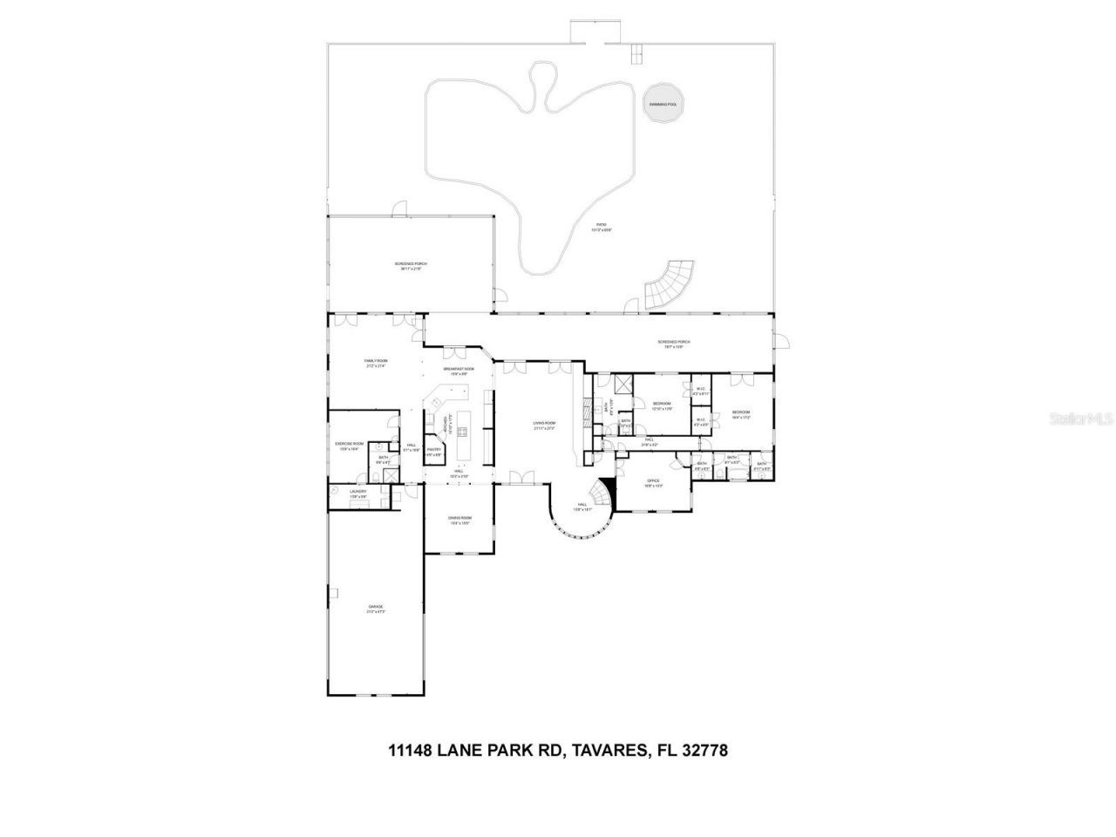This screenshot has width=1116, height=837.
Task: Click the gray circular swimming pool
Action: pos(663,104)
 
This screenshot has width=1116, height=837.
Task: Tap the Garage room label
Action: pos(375,609)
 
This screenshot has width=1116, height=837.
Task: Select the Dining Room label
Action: pos(459,521)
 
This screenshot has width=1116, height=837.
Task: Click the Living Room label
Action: pos(544,425)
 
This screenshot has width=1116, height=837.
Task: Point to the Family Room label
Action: pos(376,363)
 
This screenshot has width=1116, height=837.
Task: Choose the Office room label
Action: pos(653,483)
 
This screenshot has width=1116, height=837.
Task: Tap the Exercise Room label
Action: pos(349,446)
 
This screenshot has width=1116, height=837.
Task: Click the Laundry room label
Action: pos(358,493)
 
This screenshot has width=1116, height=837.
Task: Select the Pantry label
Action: pos(433,452)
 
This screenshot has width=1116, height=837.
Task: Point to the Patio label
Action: pos(602,227)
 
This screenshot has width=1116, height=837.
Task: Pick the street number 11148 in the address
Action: pos(412,750)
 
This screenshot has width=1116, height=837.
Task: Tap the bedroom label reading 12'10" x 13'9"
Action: pos(662,405)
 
